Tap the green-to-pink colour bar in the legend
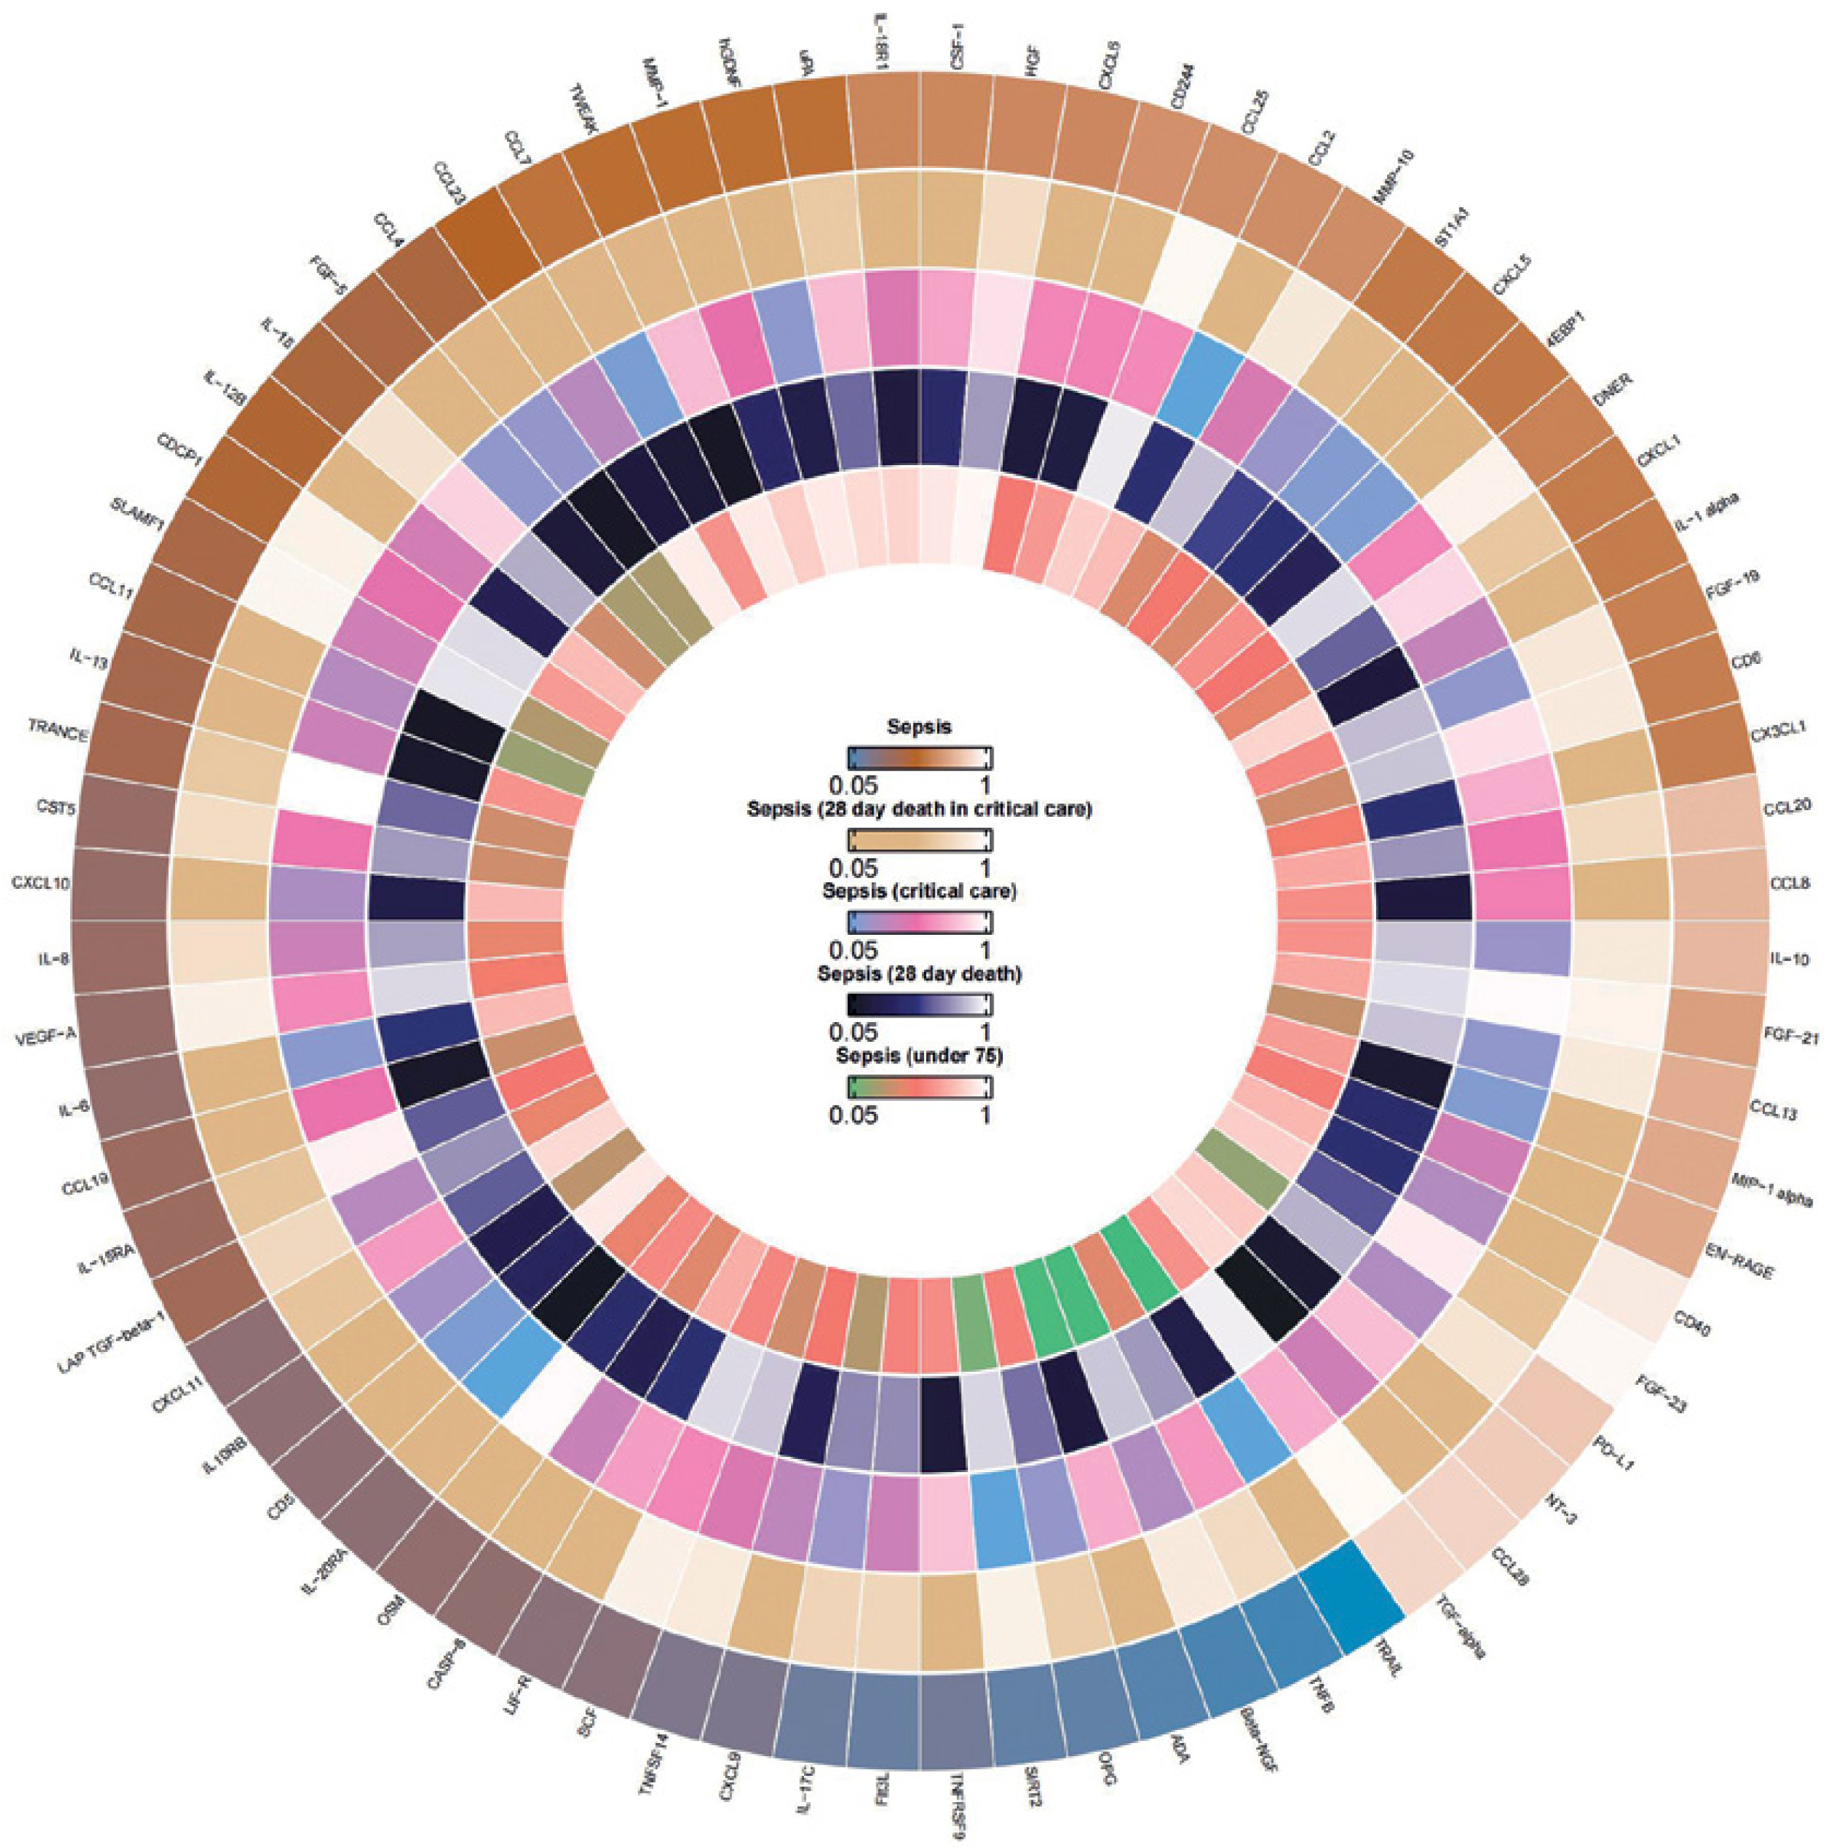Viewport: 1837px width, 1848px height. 920,1088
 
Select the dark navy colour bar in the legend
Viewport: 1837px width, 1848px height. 920,1004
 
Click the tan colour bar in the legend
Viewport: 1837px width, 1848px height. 920,839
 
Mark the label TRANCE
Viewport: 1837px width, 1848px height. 57,735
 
